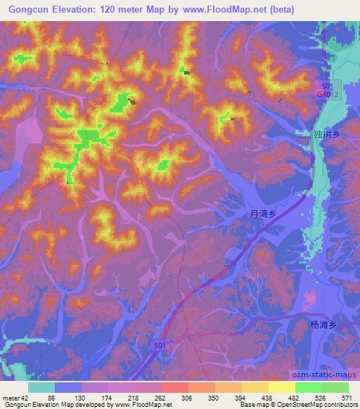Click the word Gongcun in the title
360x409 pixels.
[x=27, y=10]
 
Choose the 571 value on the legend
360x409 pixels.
[x=345, y=397]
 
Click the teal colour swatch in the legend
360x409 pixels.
[x=41, y=387]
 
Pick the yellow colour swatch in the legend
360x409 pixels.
[x=281, y=387]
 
